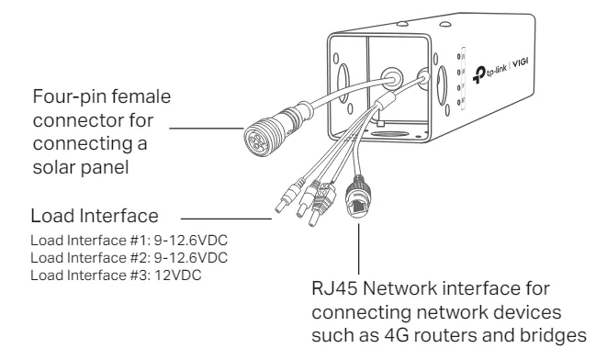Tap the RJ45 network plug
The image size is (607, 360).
click(x=358, y=197)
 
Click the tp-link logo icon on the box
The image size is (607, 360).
click(x=478, y=74)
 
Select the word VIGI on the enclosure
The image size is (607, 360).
click(x=521, y=62)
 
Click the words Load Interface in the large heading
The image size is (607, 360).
click(x=95, y=216)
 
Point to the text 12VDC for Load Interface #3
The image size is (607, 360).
click(x=178, y=276)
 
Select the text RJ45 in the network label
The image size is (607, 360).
click(x=334, y=288)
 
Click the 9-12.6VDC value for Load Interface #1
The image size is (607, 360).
click(x=191, y=241)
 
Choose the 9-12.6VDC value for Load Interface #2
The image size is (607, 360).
click(x=191, y=258)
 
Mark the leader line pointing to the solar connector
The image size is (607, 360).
click(x=207, y=129)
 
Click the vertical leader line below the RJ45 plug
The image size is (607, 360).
click(x=358, y=249)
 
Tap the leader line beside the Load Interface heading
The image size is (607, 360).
click(x=226, y=219)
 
